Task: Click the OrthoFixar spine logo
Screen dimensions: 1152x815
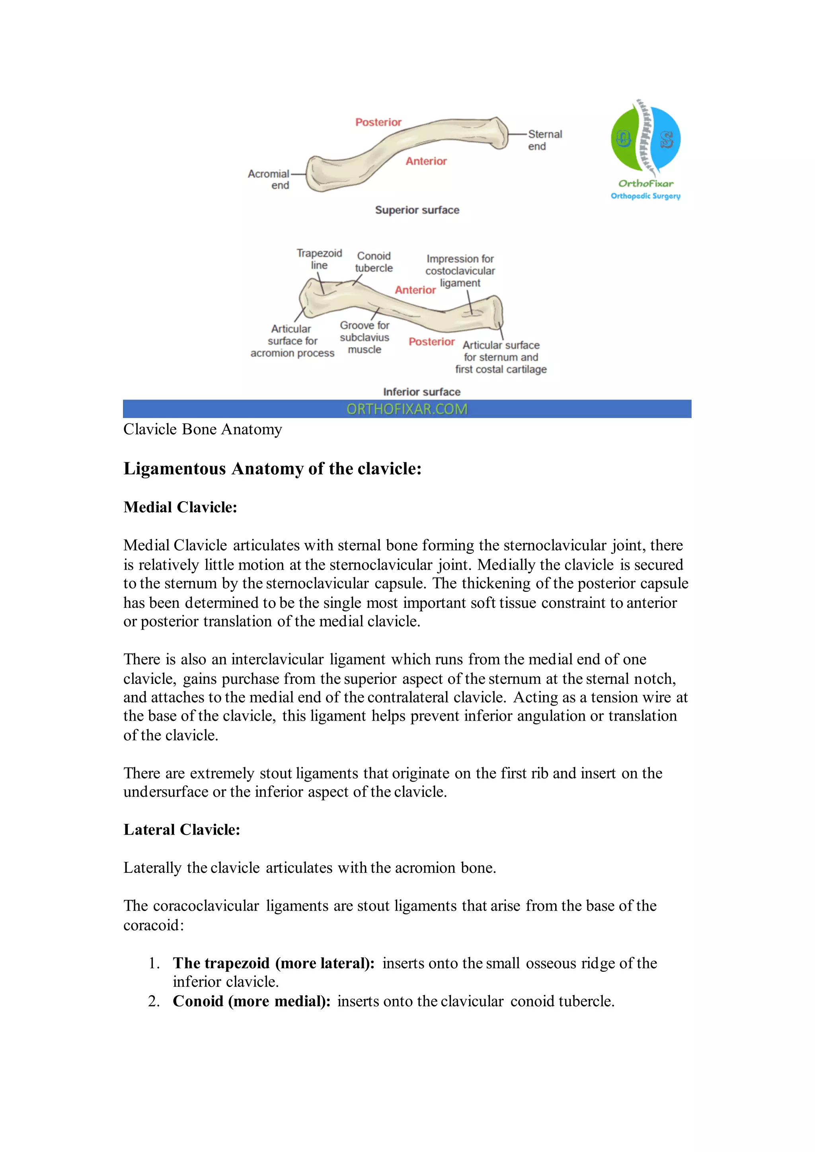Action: (x=645, y=138)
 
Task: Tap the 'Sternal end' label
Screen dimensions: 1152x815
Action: (x=544, y=140)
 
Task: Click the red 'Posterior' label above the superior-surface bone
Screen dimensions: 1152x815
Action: (x=378, y=123)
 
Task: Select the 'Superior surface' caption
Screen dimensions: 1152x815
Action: (x=417, y=210)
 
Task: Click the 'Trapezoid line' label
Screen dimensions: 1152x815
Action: (x=319, y=259)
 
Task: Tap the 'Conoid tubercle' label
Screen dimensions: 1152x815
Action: (x=374, y=262)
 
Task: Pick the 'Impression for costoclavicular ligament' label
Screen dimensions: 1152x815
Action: (x=460, y=271)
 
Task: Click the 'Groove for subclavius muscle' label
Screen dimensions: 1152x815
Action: (x=365, y=338)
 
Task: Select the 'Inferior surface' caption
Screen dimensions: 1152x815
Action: (x=421, y=392)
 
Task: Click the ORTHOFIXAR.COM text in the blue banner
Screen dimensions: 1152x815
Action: (x=407, y=409)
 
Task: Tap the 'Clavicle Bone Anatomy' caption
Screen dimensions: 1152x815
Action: (x=203, y=430)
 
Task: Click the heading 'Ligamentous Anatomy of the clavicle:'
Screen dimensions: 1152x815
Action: (x=273, y=469)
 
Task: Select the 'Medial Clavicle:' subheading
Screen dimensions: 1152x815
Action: (x=180, y=507)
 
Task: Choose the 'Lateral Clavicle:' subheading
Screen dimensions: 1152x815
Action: (x=182, y=830)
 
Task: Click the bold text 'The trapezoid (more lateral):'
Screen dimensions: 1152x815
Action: (x=273, y=963)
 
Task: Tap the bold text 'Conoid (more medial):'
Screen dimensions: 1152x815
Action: (x=252, y=1002)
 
